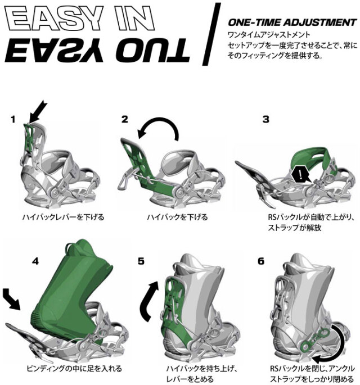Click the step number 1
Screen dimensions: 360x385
coord(13,120)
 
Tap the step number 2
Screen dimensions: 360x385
coord(125,119)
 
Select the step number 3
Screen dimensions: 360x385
coord(266,119)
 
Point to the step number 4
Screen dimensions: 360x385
coord(35,261)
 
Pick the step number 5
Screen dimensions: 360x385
coord(141,261)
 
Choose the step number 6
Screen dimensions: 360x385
coord(261,261)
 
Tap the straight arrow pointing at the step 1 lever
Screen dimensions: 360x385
coord(37,112)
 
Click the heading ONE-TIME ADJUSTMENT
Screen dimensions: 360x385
coord(292,22)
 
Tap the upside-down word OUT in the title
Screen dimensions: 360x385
coord(153,51)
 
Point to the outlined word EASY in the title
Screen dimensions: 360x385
coord(54,18)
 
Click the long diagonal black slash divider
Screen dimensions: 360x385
coord(211,34)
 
